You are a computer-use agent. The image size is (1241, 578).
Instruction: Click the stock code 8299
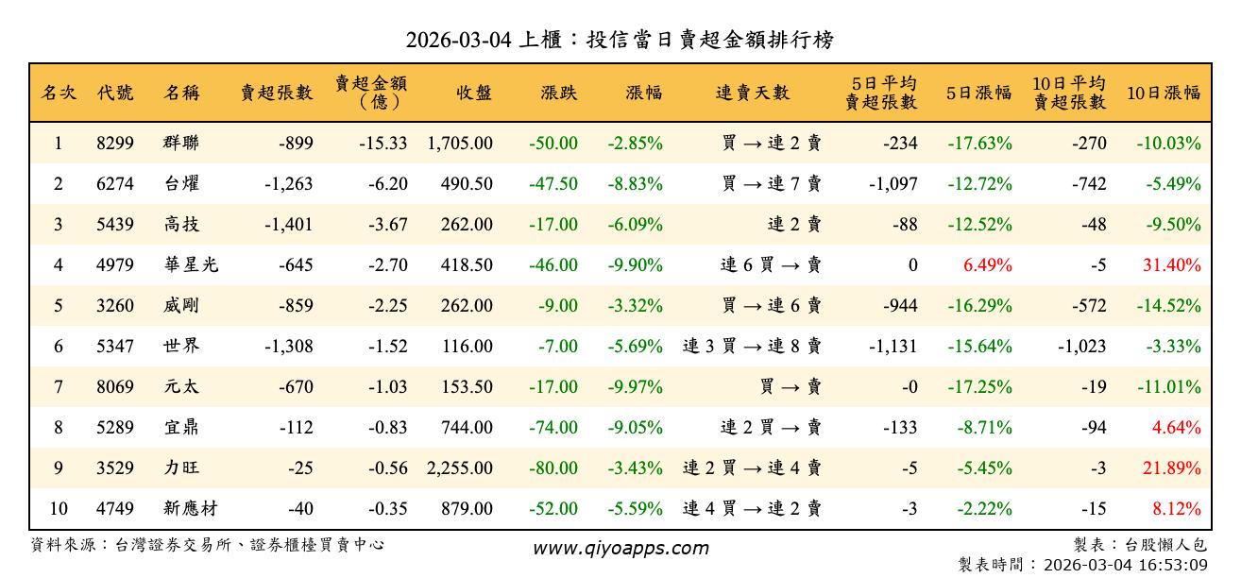point(115,144)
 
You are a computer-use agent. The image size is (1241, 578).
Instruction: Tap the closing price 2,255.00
point(460,468)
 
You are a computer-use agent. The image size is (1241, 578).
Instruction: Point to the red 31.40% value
point(1172,265)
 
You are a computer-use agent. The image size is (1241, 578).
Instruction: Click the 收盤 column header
point(474,93)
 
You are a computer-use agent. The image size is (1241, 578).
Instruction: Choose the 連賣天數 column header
point(753,93)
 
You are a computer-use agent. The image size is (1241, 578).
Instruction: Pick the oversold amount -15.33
point(383,144)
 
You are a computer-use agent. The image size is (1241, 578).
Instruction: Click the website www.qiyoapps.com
point(620,548)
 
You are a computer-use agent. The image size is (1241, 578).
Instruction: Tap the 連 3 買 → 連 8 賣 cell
point(752,347)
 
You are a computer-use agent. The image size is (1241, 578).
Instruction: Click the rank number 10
point(59,509)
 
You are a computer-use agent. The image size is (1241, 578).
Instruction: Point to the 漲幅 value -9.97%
point(636,387)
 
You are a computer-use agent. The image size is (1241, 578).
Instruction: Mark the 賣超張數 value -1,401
point(289,225)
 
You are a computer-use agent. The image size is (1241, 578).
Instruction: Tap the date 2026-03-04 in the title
point(460,41)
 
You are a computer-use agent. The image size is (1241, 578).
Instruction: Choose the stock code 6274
point(115,184)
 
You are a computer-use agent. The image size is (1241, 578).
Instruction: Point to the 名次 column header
point(59,93)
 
